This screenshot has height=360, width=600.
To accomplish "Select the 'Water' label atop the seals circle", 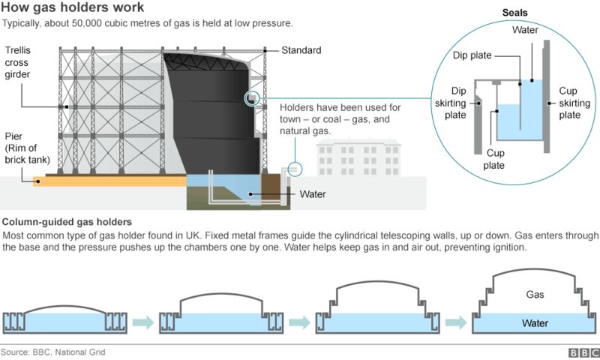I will pyautogui.click(x=524, y=30).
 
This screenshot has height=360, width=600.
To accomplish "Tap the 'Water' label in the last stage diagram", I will pyautogui.click(x=534, y=322).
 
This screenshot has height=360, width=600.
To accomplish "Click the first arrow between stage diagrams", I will pyautogui.click(x=142, y=323).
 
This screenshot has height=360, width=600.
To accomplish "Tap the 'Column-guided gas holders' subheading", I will pyautogui.click(x=68, y=223).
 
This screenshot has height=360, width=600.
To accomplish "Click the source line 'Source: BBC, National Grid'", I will pyautogui.click(x=52, y=352).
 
